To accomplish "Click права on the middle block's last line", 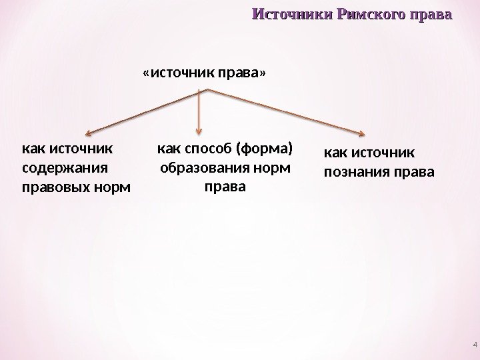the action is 224,186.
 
